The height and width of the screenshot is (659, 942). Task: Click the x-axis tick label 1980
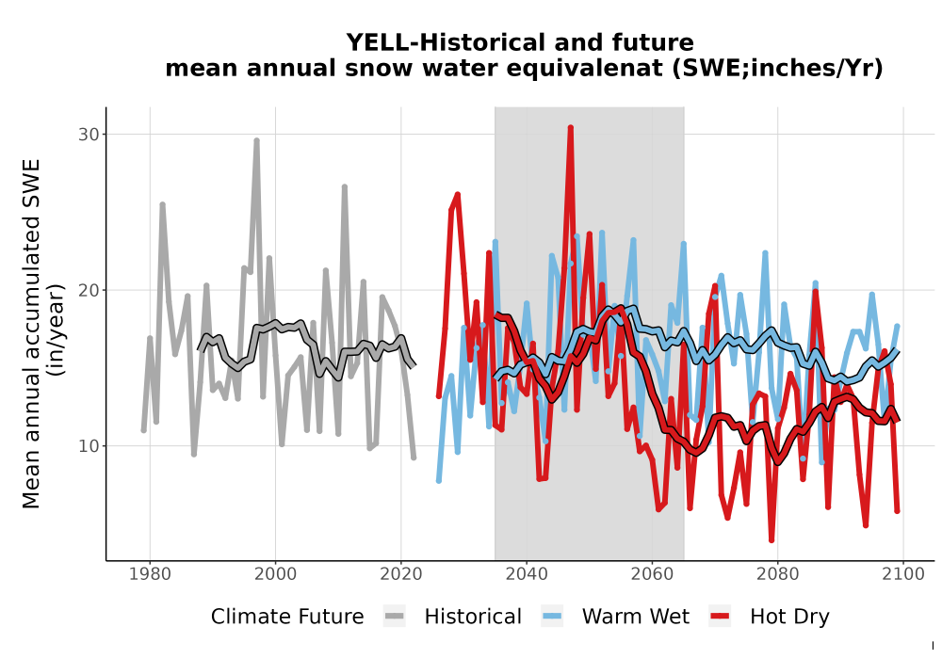pyautogui.click(x=150, y=574)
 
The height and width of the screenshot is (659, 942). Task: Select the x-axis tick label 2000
pyautogui.click(x=275, y=574)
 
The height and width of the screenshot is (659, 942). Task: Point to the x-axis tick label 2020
pyautogui.click(x=400, y=574)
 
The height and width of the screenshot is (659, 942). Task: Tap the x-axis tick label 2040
pyautogui.click(x=527, y=574)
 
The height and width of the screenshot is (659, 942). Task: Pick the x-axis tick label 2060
pyautogui.click(x=652, y=574)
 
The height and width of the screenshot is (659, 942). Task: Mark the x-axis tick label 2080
pyautogui.click(x=777, y=574)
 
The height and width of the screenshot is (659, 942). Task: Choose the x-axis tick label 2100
pyautogui.click(x=903, y=574)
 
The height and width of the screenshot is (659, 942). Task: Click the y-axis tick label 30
pyautogui.click(x=89, y=135)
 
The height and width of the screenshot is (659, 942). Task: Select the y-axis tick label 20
pyautogui.click(x=89, y=291)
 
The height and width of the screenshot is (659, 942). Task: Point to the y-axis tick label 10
pyautogui.click(x=89, y=446)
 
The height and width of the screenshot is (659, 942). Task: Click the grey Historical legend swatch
pyautogui.click(x=395, y=617)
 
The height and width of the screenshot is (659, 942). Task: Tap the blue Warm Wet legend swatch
pyautogui.click(x=552, y=617)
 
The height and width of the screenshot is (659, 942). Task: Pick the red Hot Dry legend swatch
pyautogui.click(x=720, y=617)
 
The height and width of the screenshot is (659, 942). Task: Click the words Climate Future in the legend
pyautogui.click(x=287, y=617)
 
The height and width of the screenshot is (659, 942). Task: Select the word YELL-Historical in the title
pyautogui.click(x=446, y=42)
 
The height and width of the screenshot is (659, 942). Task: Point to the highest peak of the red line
pyautogui.click(x=571, y=127)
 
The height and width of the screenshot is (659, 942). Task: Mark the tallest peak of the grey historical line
pyautogui.click(x=256, y=140)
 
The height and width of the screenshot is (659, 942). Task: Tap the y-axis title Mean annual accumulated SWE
pyautogui.click(x=31, y=333)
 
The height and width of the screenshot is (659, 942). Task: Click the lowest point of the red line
pyautogui.click(x=771, y=540)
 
